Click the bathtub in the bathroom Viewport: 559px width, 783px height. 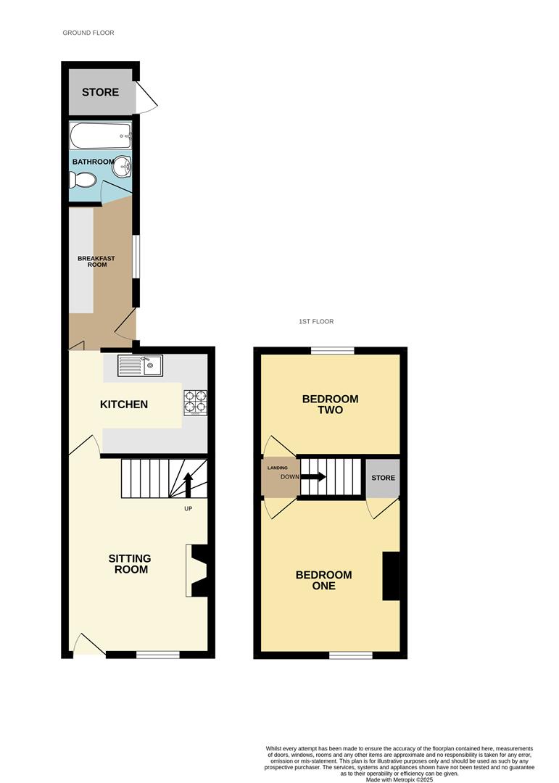[101, 135]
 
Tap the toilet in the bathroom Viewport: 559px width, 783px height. [85, 181]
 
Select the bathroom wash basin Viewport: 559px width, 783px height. [122, 168]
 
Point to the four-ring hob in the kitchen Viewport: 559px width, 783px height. [194, 402]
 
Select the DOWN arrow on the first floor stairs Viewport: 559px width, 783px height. [314, 477]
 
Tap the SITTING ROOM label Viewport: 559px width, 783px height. [130, 563]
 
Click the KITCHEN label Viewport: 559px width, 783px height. [124, 404]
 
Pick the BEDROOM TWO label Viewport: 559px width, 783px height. [330, 404]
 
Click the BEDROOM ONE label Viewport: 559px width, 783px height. [323, 580]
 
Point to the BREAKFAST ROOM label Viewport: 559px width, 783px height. [96, 261]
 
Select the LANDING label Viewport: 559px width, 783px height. [278, 468]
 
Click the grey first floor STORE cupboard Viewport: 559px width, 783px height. [383, 478]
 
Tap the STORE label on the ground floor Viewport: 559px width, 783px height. [100, 92]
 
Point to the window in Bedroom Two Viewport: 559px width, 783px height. [333, 351]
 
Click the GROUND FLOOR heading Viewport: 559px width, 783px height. [88, 33]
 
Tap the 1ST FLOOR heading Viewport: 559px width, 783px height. [315, 321]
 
